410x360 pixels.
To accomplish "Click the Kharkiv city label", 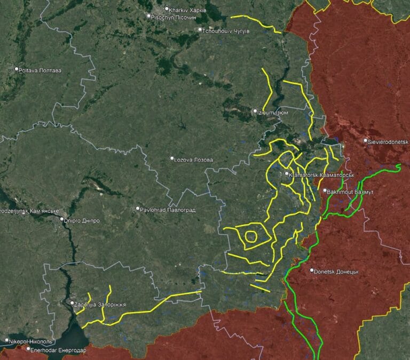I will [x=188, y=10].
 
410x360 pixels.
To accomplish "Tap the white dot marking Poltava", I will [x=17, y=69].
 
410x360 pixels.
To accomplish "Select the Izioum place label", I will [x=274, y=112].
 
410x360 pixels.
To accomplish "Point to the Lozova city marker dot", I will [x=172, y=158].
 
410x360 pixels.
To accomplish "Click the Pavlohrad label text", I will [x=168, y=210].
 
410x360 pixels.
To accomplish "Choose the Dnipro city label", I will [x=82, y=220].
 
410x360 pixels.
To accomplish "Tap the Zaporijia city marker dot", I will [x=72, y=303].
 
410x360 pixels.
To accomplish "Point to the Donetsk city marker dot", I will [x=312, y=271].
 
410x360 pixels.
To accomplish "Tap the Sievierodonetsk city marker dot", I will [x=365, y=141].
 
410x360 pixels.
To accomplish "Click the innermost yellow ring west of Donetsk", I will [x=251, y=236].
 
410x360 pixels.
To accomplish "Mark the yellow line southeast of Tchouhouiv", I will [x=256, y=23].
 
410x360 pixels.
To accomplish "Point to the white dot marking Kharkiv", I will [x=167, y=9].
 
